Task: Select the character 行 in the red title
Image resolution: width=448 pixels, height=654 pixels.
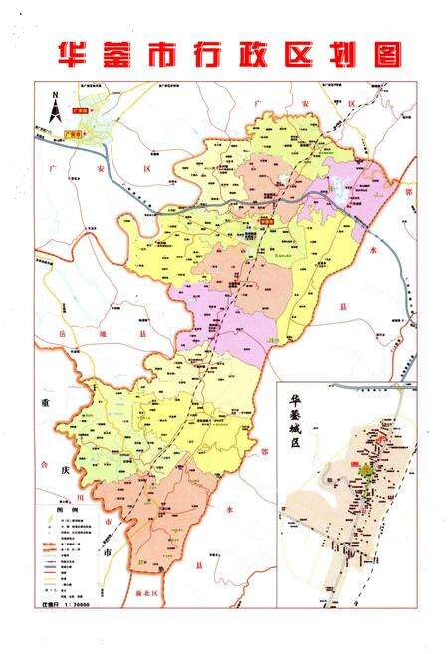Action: [x=220, y=52]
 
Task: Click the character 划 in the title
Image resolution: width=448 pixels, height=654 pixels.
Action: [x=363, y=52]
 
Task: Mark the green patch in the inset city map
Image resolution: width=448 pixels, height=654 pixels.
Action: [x=367, y=471]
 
